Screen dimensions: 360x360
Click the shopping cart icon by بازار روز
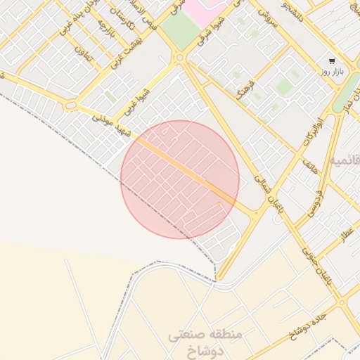(x=331, y=61)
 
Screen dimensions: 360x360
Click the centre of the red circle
(x=180, y=179)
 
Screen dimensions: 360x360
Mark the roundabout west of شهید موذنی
(x=71, y=105)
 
